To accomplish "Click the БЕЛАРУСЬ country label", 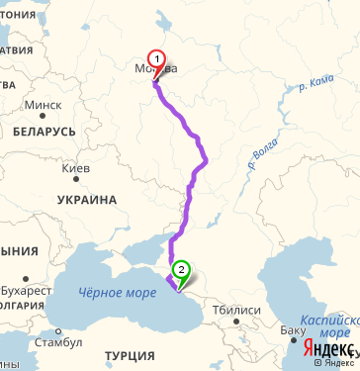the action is click(x=45, y=131).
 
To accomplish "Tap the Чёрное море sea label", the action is click(x=117, y=293).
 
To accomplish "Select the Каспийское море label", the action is click(x=330, y=328).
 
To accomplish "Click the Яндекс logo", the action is click(x=326, y=349).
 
